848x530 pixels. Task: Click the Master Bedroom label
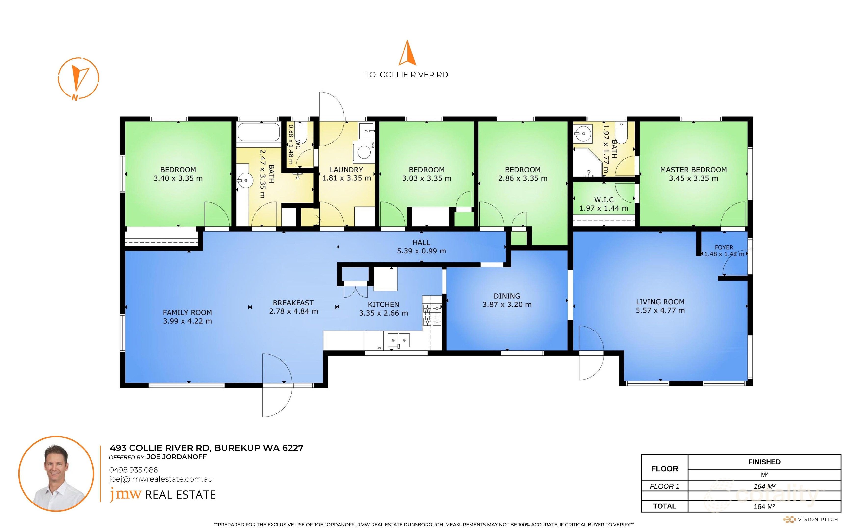coord(693,170)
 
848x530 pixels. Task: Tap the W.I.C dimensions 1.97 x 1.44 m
coord(603,208)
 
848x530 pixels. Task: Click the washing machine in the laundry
coord(363,152)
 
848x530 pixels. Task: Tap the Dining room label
coord(507,296)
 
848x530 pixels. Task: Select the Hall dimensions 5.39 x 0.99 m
coord(421,251)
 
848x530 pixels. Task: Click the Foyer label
coord(724,247)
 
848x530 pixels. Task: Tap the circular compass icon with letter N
coord(78,78)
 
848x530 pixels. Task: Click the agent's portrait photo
coord(56,474)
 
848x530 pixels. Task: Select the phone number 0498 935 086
coord(133,470)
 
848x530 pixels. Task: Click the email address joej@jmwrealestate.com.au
coord(160,479)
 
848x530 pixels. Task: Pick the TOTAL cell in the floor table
coord(664,506)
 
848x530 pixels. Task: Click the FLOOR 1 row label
coord(664,486)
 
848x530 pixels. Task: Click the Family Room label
coord(187,312)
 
